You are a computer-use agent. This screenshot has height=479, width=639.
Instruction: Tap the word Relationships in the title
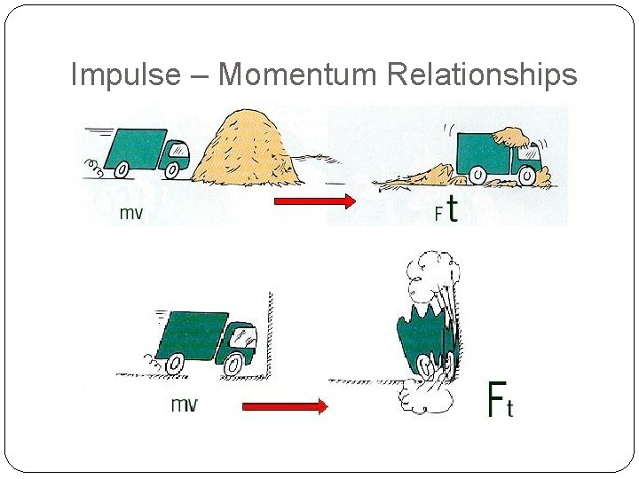[x=482, y=75]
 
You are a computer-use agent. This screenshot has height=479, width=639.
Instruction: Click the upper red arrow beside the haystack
[x=314, y=201]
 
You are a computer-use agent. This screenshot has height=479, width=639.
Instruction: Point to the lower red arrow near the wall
[x=285, y=407]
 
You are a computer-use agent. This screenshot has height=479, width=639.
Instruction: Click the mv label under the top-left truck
[x=131, y=212]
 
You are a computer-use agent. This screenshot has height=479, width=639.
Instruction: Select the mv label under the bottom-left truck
[x=184, y=404]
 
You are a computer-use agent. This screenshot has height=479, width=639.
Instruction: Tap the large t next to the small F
[x=452, y=210]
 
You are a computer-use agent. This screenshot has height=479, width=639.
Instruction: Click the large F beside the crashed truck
[x=497, y=399]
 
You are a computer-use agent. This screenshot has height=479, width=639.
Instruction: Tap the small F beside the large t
[x=438, y=214]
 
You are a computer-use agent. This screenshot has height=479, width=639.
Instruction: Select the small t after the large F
[x=509, y=409]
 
